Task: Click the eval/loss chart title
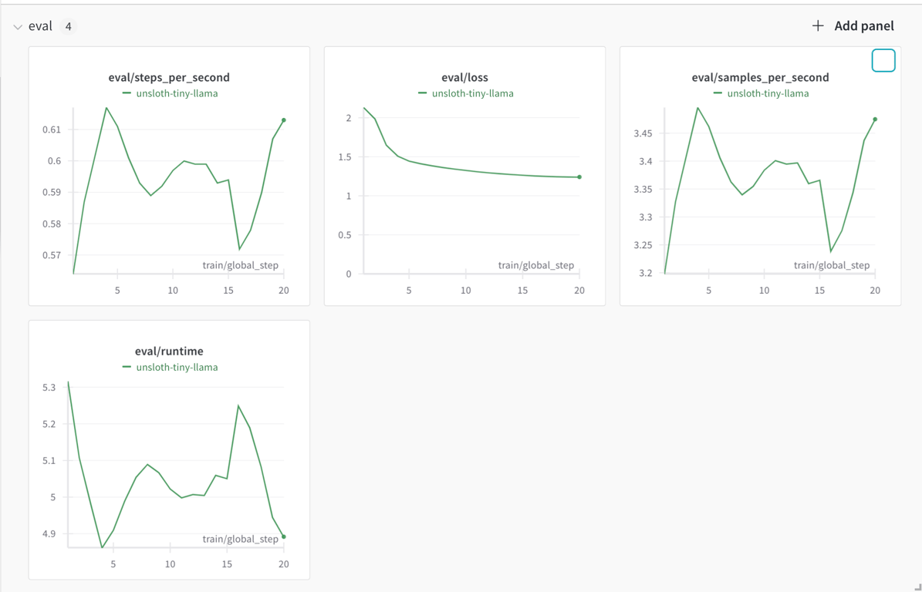[x=464, y=78]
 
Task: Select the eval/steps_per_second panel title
[x=169, y=78]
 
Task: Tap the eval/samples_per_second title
[x=760, y=78]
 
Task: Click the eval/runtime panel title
[x=169, y=351]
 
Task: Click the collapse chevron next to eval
[x=19, y=27]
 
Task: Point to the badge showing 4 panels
[x=68, y=26]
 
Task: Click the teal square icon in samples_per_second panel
[x=883, y=60]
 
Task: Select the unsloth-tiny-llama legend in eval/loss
[x=466, y=93]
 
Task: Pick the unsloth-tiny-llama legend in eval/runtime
[x=170, y=367]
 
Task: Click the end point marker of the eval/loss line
[x=579, y=177]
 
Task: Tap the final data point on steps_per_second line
[x=283, y=120]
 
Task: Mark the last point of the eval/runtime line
[x=283, y=536]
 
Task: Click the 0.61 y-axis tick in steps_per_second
[x=52, y=129]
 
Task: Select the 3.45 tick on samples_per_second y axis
[x=643, y=133]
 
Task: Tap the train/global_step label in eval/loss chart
[x=535, y=265]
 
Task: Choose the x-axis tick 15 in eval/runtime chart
[x=227, y=564]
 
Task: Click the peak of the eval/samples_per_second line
[x=698, y=107]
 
